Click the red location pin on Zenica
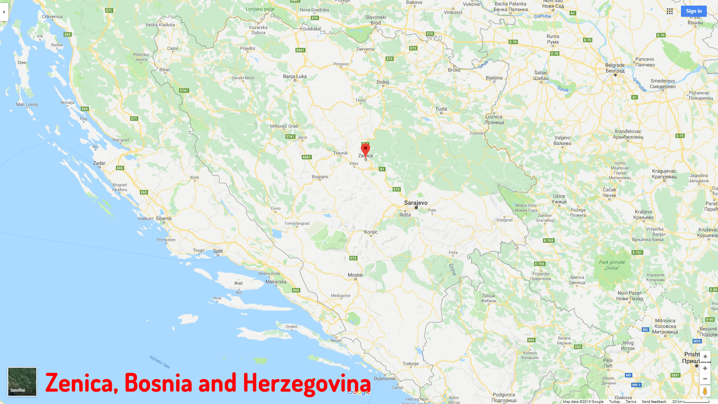click(x=365, y=150)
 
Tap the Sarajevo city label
click(x=415, y=203)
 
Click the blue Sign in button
click(x=694, y=11)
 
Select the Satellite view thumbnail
click(x=22, y=382)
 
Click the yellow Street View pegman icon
click(x=705, y=391)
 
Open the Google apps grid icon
click(x=670, y=11)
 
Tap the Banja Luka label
click(x=295, y=76)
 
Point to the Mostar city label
click(x=355, y=275)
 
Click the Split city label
click(x=218, y=251)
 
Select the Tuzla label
click(x=441, y=109)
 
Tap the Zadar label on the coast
click(x=99, y=163)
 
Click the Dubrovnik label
click(x=385, y=378)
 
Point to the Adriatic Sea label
click(x=160, y=362)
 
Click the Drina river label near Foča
click(x=452, y=269)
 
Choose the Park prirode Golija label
click(x=612, y=265)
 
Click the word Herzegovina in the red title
click(x=307, y=383)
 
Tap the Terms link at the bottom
click(x=631, y=401)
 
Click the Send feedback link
click(x=654, y=401)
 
